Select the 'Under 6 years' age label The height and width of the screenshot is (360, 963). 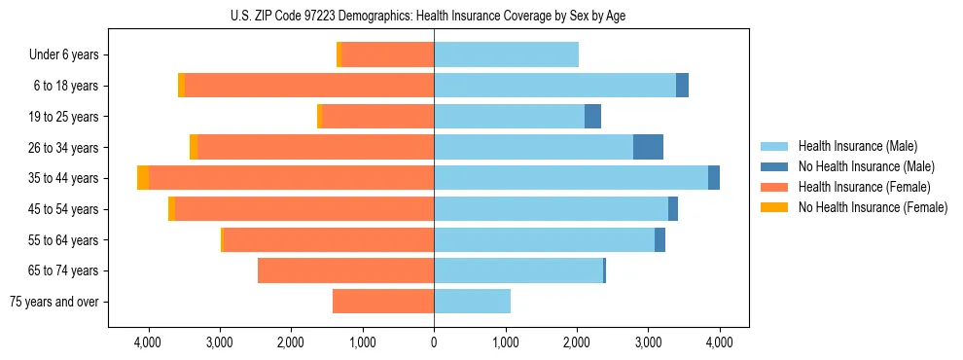tap(63, 55)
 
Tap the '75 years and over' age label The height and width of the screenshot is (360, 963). tap(53, 302)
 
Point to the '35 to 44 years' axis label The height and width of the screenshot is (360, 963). tap(63, 178)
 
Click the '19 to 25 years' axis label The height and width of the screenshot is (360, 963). tap(63, 117)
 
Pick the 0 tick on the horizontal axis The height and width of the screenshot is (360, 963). tap(434, 343)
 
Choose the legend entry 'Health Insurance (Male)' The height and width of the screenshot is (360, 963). tap(857, 146)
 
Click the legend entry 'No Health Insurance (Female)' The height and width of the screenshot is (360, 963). tap(873, 207)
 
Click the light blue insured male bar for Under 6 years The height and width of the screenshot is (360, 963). tap(506, 55)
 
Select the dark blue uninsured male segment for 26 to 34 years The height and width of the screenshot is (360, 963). tap(648, 148)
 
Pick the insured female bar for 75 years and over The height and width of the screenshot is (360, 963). tap(383, 302)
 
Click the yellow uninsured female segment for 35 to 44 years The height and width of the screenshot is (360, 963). tap(143, 178)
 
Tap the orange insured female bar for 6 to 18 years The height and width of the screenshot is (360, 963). tap(309, 86)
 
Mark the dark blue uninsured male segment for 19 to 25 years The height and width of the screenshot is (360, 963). tap(592, 117)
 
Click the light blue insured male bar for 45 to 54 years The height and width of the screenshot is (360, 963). tap(551, 209)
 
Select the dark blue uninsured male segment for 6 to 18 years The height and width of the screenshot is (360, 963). tap(682, 86)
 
